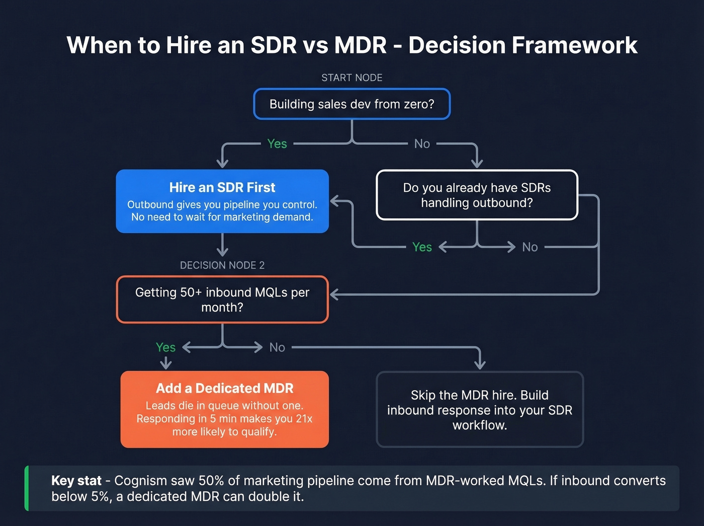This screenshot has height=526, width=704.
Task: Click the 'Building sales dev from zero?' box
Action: pos(351,104)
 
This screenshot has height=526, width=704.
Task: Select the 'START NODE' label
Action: pos(351,78)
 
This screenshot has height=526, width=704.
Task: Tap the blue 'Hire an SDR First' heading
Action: pos(222,187)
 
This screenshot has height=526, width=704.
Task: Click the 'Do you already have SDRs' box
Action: pos(477,195)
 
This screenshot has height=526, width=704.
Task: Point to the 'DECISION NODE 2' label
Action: pos(222,265)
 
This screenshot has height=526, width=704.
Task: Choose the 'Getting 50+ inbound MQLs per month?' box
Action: pos(222,299)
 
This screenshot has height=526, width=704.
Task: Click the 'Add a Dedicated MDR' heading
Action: pos(224,388)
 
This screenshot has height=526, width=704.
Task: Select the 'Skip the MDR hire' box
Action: pos(479,409)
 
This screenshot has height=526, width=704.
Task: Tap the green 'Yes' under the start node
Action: pos(277,144)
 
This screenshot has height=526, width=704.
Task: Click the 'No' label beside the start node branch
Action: pos(422,144)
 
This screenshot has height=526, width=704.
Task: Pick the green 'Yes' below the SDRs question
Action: pos(422,247)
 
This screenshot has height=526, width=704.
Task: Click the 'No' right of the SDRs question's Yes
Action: pos(530,247)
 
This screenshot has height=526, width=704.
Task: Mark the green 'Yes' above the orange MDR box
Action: pos(165,347)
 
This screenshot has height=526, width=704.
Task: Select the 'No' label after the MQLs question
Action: pos(277,347)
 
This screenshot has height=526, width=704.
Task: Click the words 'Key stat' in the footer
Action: pos(76,481)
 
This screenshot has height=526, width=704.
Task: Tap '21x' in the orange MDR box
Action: pos(304,419)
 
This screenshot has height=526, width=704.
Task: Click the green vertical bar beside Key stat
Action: pos(27,488)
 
